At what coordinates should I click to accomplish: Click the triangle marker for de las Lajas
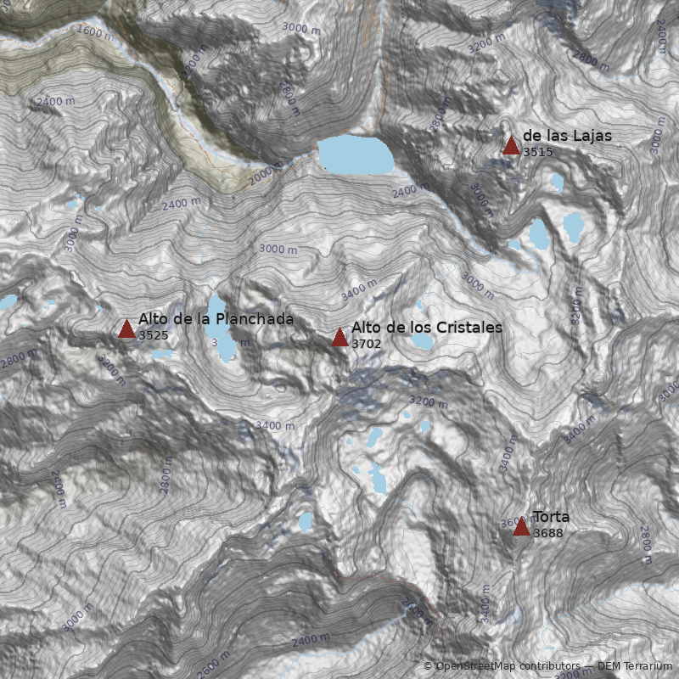pos(511,146)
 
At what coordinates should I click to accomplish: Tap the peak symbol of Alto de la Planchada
pos(126,329)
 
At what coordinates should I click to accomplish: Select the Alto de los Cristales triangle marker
pos(339,338)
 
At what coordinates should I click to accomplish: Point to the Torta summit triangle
pos(521,527)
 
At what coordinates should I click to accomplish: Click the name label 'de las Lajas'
pos(567,136)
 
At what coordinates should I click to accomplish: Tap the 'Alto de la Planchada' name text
pos(216,319)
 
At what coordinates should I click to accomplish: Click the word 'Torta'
pos(551,517)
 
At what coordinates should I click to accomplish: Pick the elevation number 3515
pos(537,152)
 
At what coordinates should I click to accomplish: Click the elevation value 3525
pos(153,335)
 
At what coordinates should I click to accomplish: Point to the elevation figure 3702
pos(366,344)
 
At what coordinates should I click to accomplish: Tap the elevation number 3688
pos(547,533)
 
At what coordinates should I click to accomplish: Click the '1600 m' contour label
pos(94,33)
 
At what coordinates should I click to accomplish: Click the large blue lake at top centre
pos(356,155)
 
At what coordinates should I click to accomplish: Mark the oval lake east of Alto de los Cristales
pos(422,341)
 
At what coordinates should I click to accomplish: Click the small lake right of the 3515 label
pos(557,181)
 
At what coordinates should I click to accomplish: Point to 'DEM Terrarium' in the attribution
pos(635,666)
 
